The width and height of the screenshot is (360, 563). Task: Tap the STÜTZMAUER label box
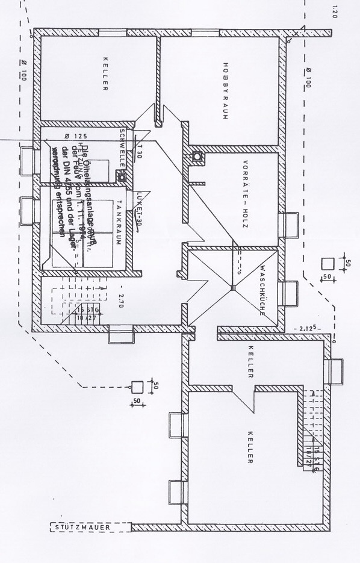pos(90,528)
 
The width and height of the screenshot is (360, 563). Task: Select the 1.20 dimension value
pos(334,11)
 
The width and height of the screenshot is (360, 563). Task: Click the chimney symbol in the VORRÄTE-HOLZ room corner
pos(196,158)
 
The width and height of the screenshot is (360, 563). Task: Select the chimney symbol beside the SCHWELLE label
pos(121,177)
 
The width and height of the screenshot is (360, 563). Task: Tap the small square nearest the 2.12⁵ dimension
pos(327,263)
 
